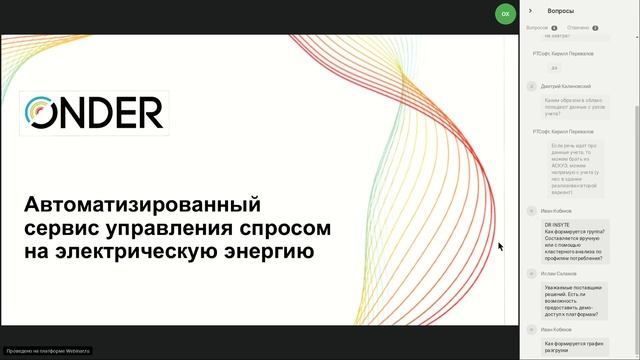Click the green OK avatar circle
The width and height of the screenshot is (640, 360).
pos(505,13)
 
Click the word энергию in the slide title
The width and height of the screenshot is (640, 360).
pos(269,251)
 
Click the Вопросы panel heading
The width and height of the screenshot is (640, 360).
pos(561,11)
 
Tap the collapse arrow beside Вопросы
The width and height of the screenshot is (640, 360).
pos(530,11)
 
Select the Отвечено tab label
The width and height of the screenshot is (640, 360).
pos(577,28)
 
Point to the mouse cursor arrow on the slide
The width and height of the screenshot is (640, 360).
pos(500,246)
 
